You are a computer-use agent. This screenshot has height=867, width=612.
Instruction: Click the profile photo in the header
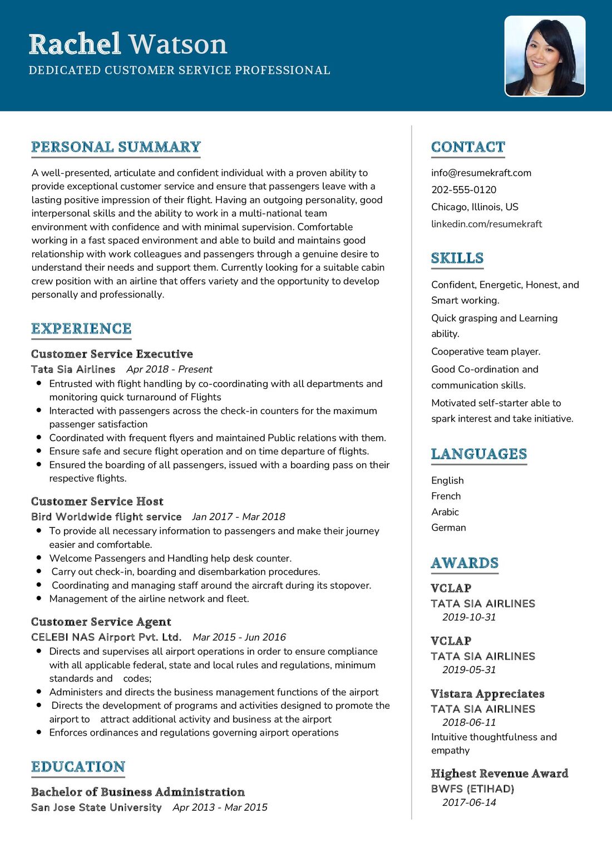(545, 56)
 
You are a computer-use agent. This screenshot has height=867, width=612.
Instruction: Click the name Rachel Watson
(128, 44)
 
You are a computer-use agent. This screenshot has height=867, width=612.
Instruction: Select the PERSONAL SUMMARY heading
(116, 147)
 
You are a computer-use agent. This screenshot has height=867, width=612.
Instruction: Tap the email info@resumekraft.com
(481, 173)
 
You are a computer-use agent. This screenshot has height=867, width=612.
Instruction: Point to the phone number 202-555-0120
(463, 190)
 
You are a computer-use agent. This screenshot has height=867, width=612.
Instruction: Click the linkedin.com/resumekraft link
(486, 224)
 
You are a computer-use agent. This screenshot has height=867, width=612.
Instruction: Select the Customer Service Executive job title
(112, 354)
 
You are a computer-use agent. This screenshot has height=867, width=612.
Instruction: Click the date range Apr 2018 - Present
(169, 369)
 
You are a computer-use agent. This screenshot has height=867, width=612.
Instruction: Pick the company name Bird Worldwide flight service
(106, 517)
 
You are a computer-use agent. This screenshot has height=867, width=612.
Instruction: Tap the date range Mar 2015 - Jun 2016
(239, 637)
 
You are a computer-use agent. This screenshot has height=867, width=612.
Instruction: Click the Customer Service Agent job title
(101, 622)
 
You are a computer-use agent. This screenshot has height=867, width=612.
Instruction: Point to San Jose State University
(96, 807)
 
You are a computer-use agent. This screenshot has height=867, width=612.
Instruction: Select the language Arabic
(445, 512)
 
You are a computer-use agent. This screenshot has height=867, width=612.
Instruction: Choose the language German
(448, 527)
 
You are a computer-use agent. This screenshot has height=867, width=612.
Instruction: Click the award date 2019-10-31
(468, 617)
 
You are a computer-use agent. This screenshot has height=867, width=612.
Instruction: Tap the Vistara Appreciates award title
(487, 694)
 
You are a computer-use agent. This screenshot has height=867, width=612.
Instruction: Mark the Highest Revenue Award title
(499, 773)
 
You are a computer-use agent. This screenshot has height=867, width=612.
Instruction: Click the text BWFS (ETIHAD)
(472, 789)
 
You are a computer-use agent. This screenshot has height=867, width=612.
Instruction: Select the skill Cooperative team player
(486, 351)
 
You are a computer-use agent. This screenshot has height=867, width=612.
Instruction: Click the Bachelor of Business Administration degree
(138, 792)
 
